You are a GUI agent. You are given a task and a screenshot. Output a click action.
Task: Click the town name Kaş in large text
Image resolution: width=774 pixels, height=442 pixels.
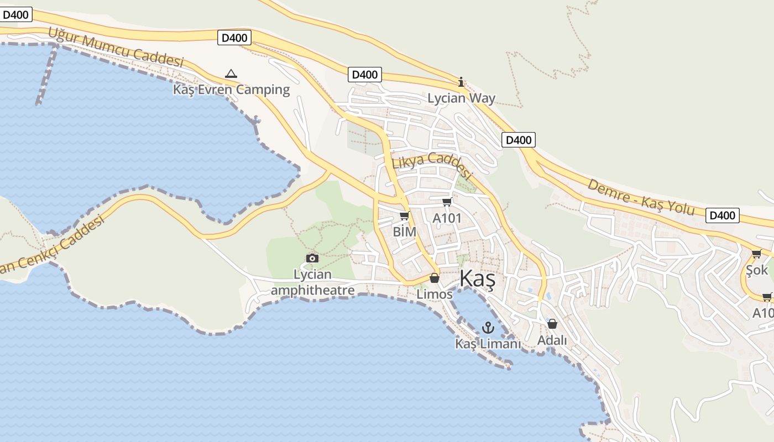point(477,279)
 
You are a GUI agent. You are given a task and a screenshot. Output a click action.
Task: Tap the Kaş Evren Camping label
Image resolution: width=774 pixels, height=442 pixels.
point(231,90)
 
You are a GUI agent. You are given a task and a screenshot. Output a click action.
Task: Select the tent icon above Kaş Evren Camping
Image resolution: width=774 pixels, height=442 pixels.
point(231,73)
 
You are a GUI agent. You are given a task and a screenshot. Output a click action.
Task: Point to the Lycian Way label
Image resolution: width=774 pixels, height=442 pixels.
point(461,98)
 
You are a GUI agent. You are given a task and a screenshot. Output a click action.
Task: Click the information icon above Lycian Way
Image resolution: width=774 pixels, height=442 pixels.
point(461,82)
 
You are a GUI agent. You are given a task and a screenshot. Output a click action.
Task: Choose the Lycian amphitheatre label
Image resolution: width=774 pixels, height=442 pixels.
point(313,282)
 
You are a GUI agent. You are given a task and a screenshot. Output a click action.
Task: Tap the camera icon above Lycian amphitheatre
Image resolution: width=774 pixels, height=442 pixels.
point(312,258)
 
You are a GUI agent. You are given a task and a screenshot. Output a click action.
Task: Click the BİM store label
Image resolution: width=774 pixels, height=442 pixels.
point(404,232)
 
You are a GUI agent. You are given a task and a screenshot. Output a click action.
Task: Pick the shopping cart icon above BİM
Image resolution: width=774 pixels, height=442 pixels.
point(404,215)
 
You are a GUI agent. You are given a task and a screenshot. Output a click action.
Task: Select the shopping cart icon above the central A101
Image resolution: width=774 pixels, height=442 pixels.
point(447,202)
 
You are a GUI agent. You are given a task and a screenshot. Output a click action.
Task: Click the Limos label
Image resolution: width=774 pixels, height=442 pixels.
point(435,294)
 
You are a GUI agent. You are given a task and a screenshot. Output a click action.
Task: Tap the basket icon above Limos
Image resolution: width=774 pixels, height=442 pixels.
point(435,278)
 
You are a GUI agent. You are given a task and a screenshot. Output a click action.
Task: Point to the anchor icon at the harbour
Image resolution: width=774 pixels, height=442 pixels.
point(488,328)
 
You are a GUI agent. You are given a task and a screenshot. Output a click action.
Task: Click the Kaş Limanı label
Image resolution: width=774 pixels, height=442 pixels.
point(488,344)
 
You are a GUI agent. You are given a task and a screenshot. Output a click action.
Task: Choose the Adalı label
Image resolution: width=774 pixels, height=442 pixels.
point(552,340)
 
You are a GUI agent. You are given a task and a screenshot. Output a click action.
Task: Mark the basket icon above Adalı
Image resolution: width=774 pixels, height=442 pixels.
point(552,324)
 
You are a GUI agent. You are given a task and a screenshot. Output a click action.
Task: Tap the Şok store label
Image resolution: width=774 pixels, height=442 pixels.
point(757,270)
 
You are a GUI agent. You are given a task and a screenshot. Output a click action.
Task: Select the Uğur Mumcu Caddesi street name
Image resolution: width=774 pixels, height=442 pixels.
point(116,47)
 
